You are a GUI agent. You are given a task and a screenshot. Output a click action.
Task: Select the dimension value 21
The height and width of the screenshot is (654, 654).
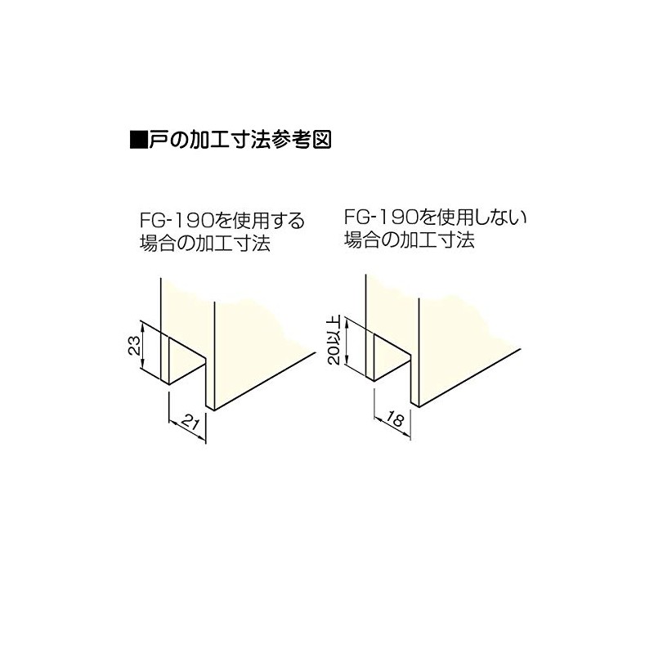point(187,423)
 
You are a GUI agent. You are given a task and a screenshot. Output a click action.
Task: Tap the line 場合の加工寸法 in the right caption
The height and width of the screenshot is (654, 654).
point(410,241)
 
